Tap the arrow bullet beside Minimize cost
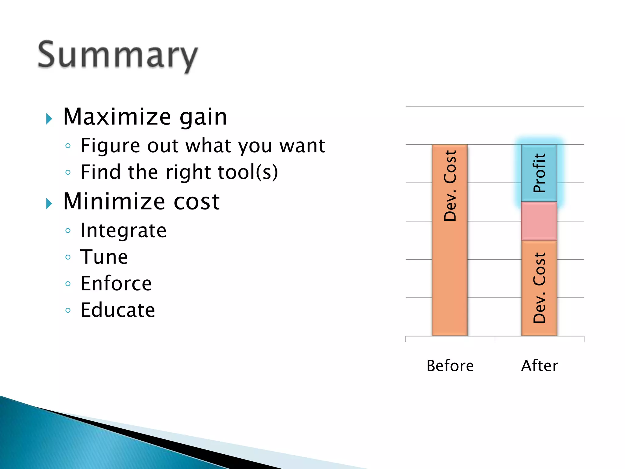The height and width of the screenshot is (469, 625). (49, 203)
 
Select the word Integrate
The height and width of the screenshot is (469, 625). (123, 230)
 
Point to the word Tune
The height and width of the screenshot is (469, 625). (104, 257)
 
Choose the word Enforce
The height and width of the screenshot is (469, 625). (116, 283)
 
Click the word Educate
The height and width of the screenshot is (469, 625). (118, 310)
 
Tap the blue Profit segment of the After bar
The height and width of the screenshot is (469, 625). (539, 173)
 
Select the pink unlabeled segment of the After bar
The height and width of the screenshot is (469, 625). (539, 221)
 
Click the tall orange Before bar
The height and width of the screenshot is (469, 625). (450, 275)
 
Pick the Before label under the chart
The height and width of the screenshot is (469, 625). (450, 365)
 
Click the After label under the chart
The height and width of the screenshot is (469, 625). (540, 365)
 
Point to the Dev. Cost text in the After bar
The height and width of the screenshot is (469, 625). (539, 288)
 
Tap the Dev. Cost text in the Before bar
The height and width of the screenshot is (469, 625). (450, 186)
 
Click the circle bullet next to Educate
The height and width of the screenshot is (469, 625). (68, 311)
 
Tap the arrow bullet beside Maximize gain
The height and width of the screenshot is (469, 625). (49, 119)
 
